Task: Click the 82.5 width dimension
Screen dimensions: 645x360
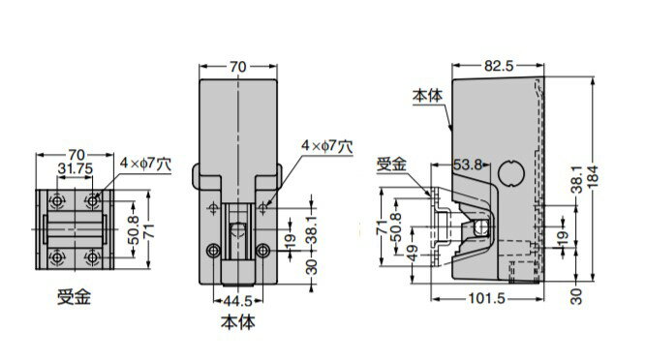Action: coord(499,66)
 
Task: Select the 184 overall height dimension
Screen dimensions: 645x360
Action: coord(593,177)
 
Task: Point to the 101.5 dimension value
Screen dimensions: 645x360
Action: coord(486,298)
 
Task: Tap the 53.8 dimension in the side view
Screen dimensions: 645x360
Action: coord(468,165)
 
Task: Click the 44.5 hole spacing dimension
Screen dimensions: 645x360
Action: coord(238,301)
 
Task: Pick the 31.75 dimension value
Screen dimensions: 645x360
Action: coord(75,169)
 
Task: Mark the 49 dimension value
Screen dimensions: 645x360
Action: coord(413,253)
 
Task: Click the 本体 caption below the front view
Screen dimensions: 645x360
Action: coord(238,322)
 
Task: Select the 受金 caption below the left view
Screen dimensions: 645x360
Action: coord(74,297)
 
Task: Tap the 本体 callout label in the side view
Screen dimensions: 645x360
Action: coord(428,96)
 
